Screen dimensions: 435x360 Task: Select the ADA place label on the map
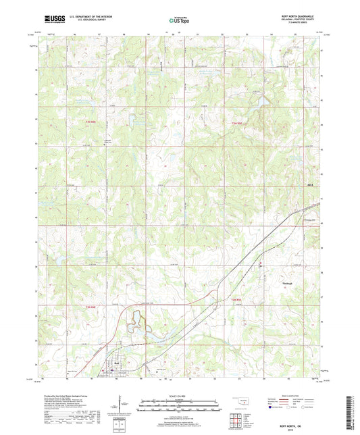310,185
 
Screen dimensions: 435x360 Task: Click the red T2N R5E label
232,299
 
